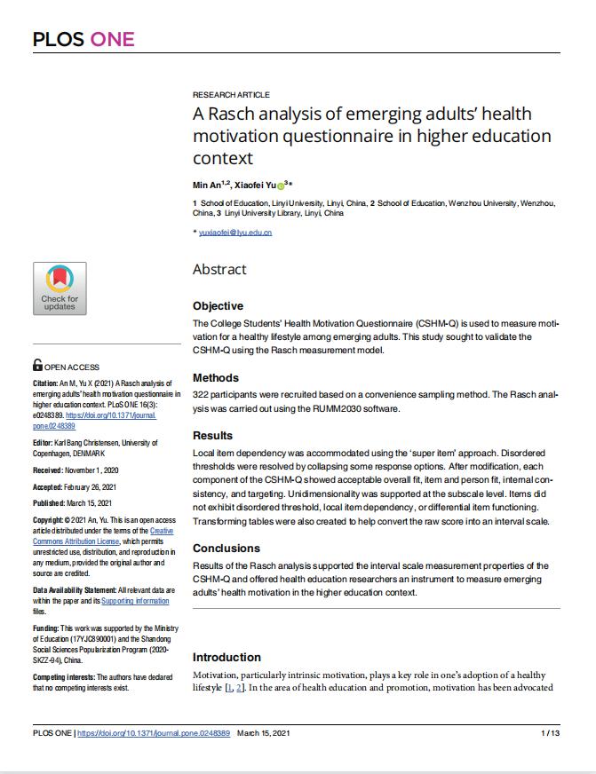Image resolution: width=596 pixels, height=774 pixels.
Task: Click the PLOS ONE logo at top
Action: [x=83, y=38]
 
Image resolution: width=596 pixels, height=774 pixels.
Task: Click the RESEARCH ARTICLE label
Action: [x=231, y=95]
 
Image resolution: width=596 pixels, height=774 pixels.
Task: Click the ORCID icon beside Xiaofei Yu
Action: [x=281, y=186]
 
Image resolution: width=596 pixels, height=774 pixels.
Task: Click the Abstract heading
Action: [x=219, y=270]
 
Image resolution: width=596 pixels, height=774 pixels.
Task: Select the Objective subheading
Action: [x=218, y=305]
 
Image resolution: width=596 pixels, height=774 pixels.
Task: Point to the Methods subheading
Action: [x=216, y=377]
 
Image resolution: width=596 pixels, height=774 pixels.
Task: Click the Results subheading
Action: [x=213, y=436]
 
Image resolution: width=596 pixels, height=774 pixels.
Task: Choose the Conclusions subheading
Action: [x=226, y=548]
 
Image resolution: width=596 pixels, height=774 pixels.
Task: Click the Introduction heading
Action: [x=226, y=657]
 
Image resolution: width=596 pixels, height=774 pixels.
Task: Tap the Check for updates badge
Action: [x=60, y=288]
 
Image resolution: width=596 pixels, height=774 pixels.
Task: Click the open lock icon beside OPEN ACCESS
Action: [x=37, y=365]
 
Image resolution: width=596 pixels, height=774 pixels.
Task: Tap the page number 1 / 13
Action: [x=550, y=734]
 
